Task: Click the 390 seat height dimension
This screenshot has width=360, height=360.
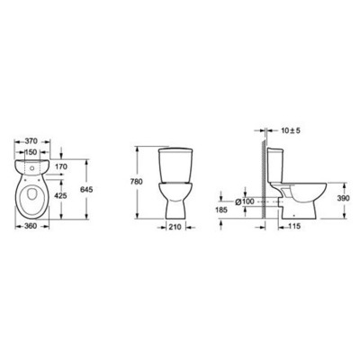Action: [333, 196]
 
